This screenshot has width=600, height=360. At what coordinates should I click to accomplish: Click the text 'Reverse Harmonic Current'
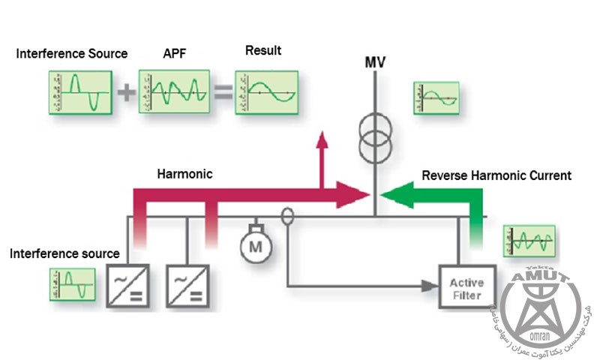pos(496,175)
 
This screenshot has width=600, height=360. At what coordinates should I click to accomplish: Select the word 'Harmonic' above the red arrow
pos(184,173)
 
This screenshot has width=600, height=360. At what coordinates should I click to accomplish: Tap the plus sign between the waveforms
pos(126,92)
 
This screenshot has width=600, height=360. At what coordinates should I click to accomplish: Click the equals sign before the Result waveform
pos(223,92)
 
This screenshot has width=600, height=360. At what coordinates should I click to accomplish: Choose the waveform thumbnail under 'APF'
pos(174,92)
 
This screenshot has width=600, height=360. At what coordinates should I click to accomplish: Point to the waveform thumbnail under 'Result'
pos(266,92)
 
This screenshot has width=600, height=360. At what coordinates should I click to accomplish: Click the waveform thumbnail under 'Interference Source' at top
pos(80,92)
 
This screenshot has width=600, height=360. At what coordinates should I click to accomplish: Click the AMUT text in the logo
pos(539,280)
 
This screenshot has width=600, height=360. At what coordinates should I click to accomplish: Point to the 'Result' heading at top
pos(263,51)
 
